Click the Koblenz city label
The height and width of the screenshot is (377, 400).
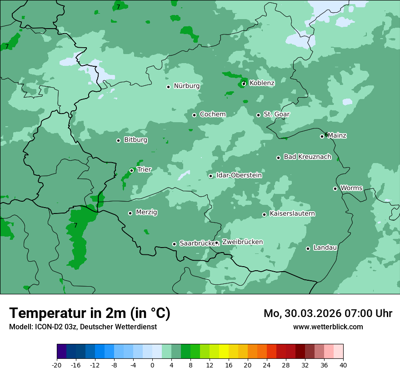coord(262,83)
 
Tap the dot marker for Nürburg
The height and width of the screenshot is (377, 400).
coord(168,87)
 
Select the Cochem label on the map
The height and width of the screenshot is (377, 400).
coord(212,114)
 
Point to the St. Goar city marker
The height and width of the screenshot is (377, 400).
coord(258,115)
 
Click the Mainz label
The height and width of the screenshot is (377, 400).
coord(337,136)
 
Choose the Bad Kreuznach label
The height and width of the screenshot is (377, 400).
coord(307,157)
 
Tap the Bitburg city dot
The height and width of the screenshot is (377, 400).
coord(118,140)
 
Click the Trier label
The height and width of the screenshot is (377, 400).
coord(144,170)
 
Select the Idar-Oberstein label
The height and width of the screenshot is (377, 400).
coord(239,175)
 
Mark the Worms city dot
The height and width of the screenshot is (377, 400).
coord(335,188)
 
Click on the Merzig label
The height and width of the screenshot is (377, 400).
coord(146,213)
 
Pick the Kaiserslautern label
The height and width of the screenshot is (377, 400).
coord(292,214)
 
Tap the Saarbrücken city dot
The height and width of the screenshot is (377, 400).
coord(174,244)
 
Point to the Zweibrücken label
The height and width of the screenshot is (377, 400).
coord(242,242)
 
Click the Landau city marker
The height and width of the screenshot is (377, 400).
coord(308,248)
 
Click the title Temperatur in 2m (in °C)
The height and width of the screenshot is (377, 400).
coord(90,313)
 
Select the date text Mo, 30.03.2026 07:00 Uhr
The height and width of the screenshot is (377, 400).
coord(328,313)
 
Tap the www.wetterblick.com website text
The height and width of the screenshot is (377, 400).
coord(328,327)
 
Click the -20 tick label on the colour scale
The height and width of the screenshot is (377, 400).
coord(57,365)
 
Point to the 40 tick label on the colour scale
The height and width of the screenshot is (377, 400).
coord(343,365)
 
